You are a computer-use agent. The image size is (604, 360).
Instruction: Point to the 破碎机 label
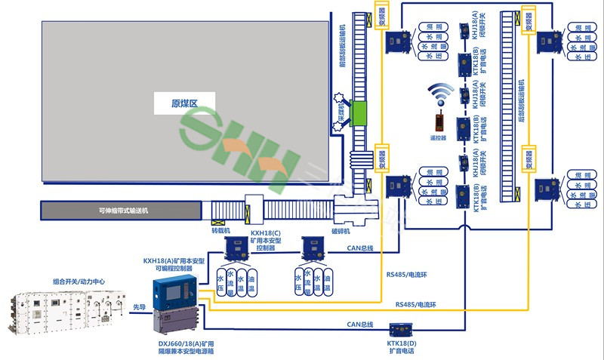342,233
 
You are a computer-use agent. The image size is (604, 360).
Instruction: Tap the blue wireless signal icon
439,96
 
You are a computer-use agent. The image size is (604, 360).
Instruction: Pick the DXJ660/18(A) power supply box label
177,346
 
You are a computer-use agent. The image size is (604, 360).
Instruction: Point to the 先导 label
139,307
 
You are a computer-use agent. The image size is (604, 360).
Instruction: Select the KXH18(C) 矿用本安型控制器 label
266,241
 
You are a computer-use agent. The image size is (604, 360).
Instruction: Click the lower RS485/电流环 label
416,304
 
